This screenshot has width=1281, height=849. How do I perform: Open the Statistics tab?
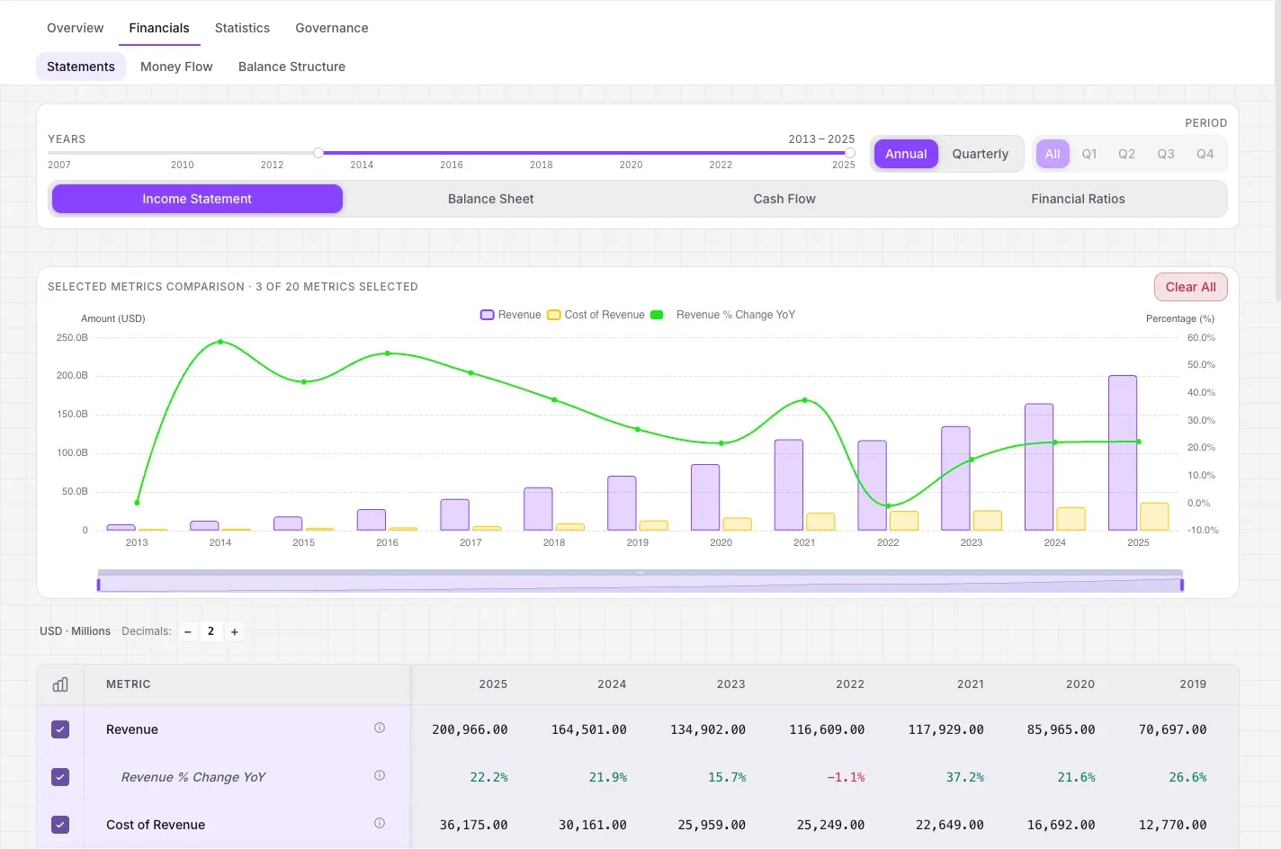(242, 28)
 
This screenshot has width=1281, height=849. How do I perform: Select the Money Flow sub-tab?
(176, 67)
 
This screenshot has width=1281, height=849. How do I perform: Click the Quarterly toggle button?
(980, 154)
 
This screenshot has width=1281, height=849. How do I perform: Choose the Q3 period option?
(1166, 154)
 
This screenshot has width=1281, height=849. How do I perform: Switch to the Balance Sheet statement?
(490, 199)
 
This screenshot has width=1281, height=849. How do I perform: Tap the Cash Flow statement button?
(784, 199)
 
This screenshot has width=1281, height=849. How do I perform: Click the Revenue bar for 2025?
(1122, 452)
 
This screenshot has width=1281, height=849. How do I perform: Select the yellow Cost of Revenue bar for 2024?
(1070, 519)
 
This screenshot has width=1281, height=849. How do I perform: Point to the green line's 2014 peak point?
(220, 342)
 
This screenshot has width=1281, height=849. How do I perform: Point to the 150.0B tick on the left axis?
(72, 414)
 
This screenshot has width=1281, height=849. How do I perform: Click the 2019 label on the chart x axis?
(637, 542)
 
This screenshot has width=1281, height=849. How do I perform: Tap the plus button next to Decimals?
(235, 631)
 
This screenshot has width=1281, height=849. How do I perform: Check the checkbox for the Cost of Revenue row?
(60, 825)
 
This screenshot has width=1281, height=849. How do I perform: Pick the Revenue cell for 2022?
(827, 729)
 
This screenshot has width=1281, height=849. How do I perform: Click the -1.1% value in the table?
(846, 777)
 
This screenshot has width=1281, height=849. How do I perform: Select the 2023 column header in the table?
(730, 684)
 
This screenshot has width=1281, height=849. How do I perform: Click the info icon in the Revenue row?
(379, 728)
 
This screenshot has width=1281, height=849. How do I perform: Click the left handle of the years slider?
(318, 153)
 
